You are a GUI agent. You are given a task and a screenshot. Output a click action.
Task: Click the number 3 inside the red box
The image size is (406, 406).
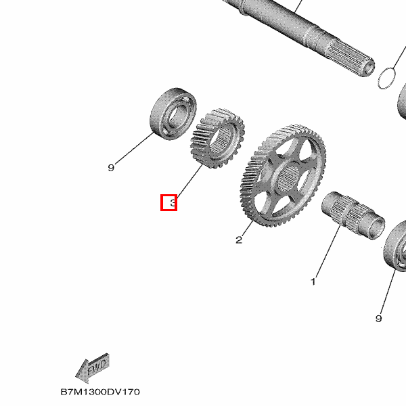click(173, 203)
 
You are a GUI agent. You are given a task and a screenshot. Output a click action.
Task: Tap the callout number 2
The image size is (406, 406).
click(239, 240)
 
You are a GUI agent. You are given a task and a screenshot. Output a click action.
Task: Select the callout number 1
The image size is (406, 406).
click(313, 281)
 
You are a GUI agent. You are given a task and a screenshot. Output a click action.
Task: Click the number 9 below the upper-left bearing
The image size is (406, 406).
click(111, 168)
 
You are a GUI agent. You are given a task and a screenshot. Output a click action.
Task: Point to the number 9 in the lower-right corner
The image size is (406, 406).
click(378, 318)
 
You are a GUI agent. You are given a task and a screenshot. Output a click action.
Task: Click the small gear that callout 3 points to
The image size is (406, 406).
click(217, 138)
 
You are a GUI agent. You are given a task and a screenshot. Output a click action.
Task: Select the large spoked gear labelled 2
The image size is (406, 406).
click(283, 175)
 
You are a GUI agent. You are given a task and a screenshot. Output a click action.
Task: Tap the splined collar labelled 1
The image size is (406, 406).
click(353, 215)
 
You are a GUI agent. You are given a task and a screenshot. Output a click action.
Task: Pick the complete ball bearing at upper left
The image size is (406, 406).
click(173, 114)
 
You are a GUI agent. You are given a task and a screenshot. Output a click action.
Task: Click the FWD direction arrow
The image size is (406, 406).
click(93, 367)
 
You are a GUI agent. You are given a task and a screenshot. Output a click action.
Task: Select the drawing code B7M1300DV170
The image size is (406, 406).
click(100, 392)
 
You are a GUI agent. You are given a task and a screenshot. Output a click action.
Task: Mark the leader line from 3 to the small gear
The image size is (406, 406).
click(189, 181)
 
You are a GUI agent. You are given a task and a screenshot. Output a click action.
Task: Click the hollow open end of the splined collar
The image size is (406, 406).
click(376, 227)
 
